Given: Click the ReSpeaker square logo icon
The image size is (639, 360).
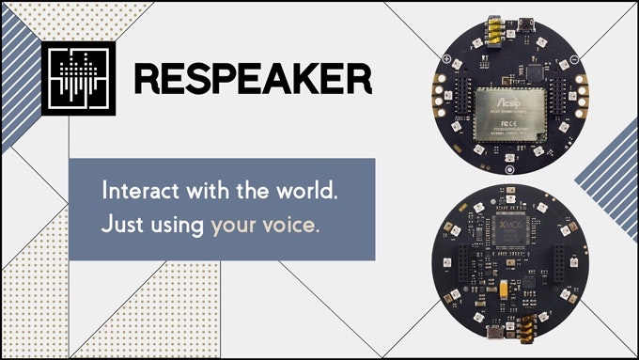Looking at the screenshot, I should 78,78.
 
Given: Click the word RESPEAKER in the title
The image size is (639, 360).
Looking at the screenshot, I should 252,78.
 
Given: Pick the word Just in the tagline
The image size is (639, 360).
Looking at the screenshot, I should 120,226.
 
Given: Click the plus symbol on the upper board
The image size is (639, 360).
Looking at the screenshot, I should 447,62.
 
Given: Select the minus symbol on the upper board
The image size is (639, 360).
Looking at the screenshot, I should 573,61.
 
